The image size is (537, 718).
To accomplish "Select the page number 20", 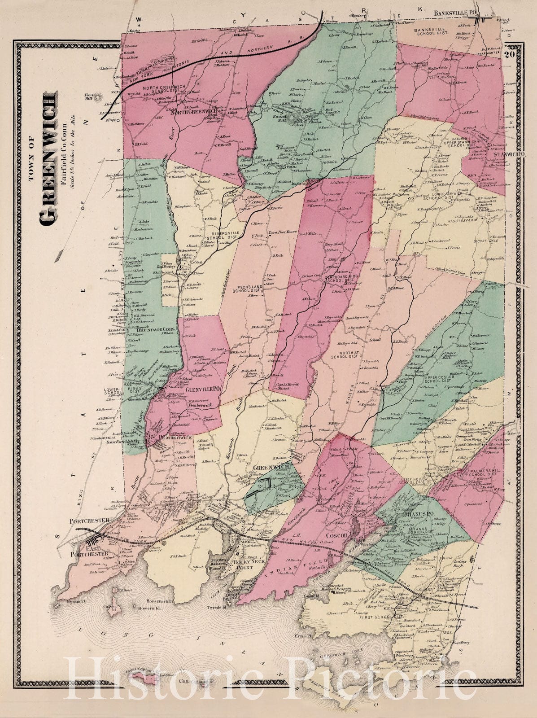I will pos(508,56).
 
